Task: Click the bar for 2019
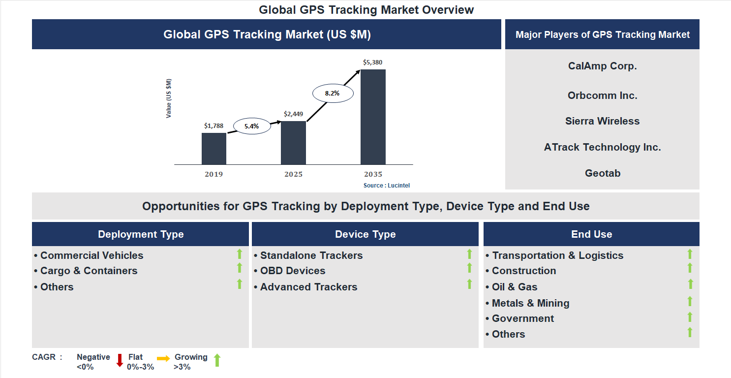(x=214, y=149)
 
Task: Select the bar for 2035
(x=373, y=117)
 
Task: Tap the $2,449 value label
(x=293, y=114)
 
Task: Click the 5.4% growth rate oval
(x=251, y=126)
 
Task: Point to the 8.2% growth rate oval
(x=332, y=93)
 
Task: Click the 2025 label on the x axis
(x=293, y=174)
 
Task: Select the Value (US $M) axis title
(x=169, y=98)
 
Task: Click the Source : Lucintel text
(x=386, y=186)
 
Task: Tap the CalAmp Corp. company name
(x=602, y=66)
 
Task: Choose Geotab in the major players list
(x=602, y=173)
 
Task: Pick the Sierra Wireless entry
(x=602, y=121)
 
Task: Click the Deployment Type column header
(x=141, y=234)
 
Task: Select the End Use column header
(x=591, y=234)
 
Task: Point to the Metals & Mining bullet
(x=530, y=303)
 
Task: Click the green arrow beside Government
(x=690, y=317)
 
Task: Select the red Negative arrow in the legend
(x=120, y=360)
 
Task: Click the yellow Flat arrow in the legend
(x=163, y=359)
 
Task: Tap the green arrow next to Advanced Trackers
(x=469, y=284)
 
